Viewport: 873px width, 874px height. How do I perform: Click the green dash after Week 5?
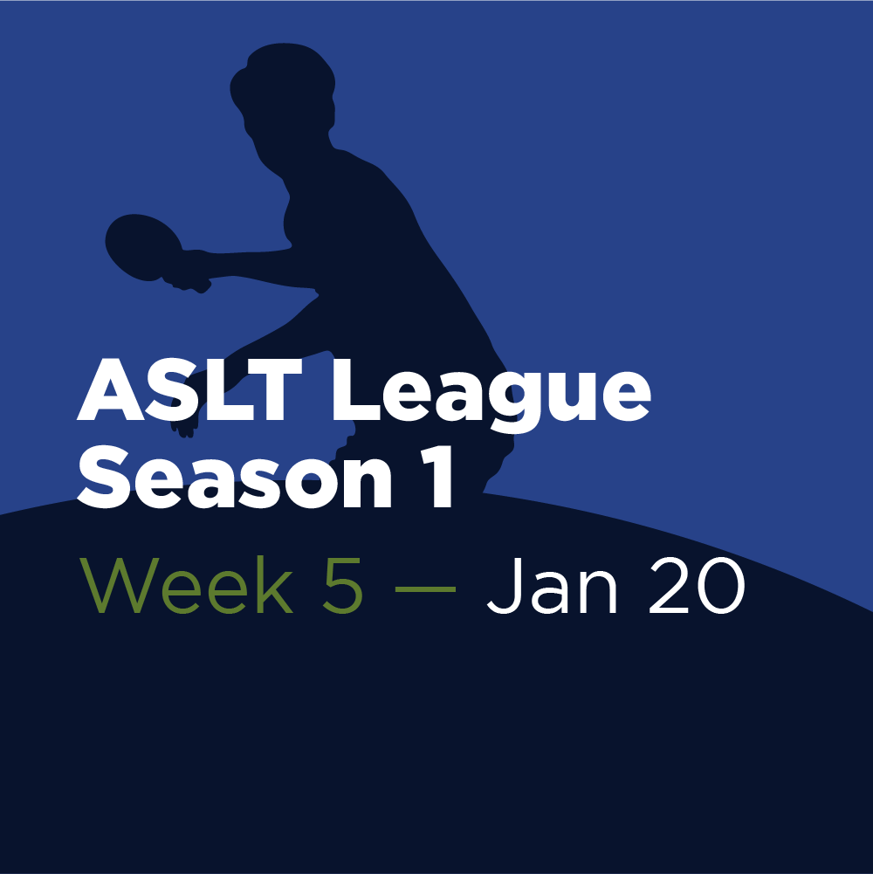point(425,588)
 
